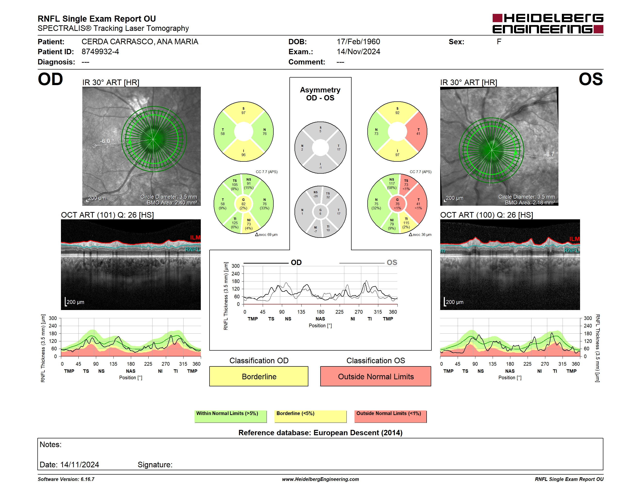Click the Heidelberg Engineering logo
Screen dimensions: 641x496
tap(548, 24)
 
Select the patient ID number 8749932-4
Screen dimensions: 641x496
tap(100, 52)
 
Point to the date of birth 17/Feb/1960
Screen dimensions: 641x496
tap(358, 42)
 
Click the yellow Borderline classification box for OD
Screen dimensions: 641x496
tap(259, 376)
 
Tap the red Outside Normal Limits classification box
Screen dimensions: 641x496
tap(376, 376)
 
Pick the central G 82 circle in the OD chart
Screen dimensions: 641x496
tap(243, 204)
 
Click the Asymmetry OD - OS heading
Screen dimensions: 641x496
tap(320, 94)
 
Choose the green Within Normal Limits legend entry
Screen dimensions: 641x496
tap(230, 416)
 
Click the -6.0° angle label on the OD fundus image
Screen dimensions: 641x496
tap(107, 141)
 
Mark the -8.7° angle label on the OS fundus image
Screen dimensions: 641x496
tap(551, 154)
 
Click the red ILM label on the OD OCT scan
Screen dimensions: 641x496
tap(195, 237)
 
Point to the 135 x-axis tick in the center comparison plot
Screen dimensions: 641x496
tap(301, 312)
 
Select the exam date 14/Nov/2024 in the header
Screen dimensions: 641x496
tap(358, 52)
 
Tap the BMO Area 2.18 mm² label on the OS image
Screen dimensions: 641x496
tap(530, 203)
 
